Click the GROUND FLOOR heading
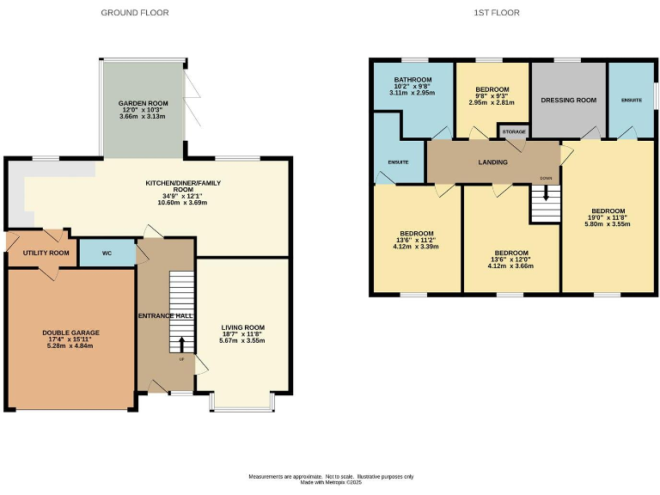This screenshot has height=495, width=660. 135,13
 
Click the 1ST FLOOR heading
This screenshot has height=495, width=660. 497,13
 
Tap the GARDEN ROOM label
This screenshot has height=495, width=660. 143,103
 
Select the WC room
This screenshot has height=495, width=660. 107,254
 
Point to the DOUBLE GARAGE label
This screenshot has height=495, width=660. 71,333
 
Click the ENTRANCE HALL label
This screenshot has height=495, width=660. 166,316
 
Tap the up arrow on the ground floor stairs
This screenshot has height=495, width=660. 181,344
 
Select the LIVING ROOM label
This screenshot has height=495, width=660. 242,327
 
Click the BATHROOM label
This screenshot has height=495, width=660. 412,79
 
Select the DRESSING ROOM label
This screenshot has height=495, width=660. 568,101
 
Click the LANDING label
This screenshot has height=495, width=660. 492,162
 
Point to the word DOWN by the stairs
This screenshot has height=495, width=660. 546,179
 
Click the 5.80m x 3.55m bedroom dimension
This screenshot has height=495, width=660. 608,223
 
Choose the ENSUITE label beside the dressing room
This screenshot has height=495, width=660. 632,101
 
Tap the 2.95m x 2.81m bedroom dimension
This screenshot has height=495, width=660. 492,102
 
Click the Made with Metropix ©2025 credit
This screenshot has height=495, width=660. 331,482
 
